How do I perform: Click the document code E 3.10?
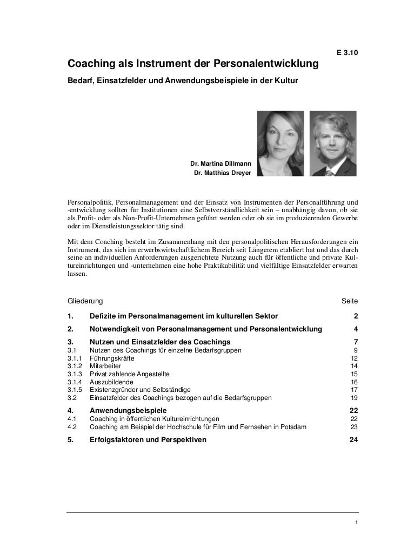(x=346, y=53)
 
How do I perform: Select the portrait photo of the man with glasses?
(x=333, y=144)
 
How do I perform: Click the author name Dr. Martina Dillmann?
(x=220, y=163)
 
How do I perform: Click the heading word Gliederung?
(x=85, y=300)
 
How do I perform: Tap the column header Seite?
(x=349, y=300)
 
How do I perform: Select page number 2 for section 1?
(x=355, y=316)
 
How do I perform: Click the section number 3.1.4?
(x=75, y=382)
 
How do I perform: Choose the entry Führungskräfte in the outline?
(x=112, y=358)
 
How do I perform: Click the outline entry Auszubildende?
(x=112, y=382)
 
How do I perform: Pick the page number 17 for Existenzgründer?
(x=354, y=390)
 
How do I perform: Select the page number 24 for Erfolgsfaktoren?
(x=353, y=440)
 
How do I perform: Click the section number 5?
(x=70, y=440)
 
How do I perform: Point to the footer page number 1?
(x=355, y=522)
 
